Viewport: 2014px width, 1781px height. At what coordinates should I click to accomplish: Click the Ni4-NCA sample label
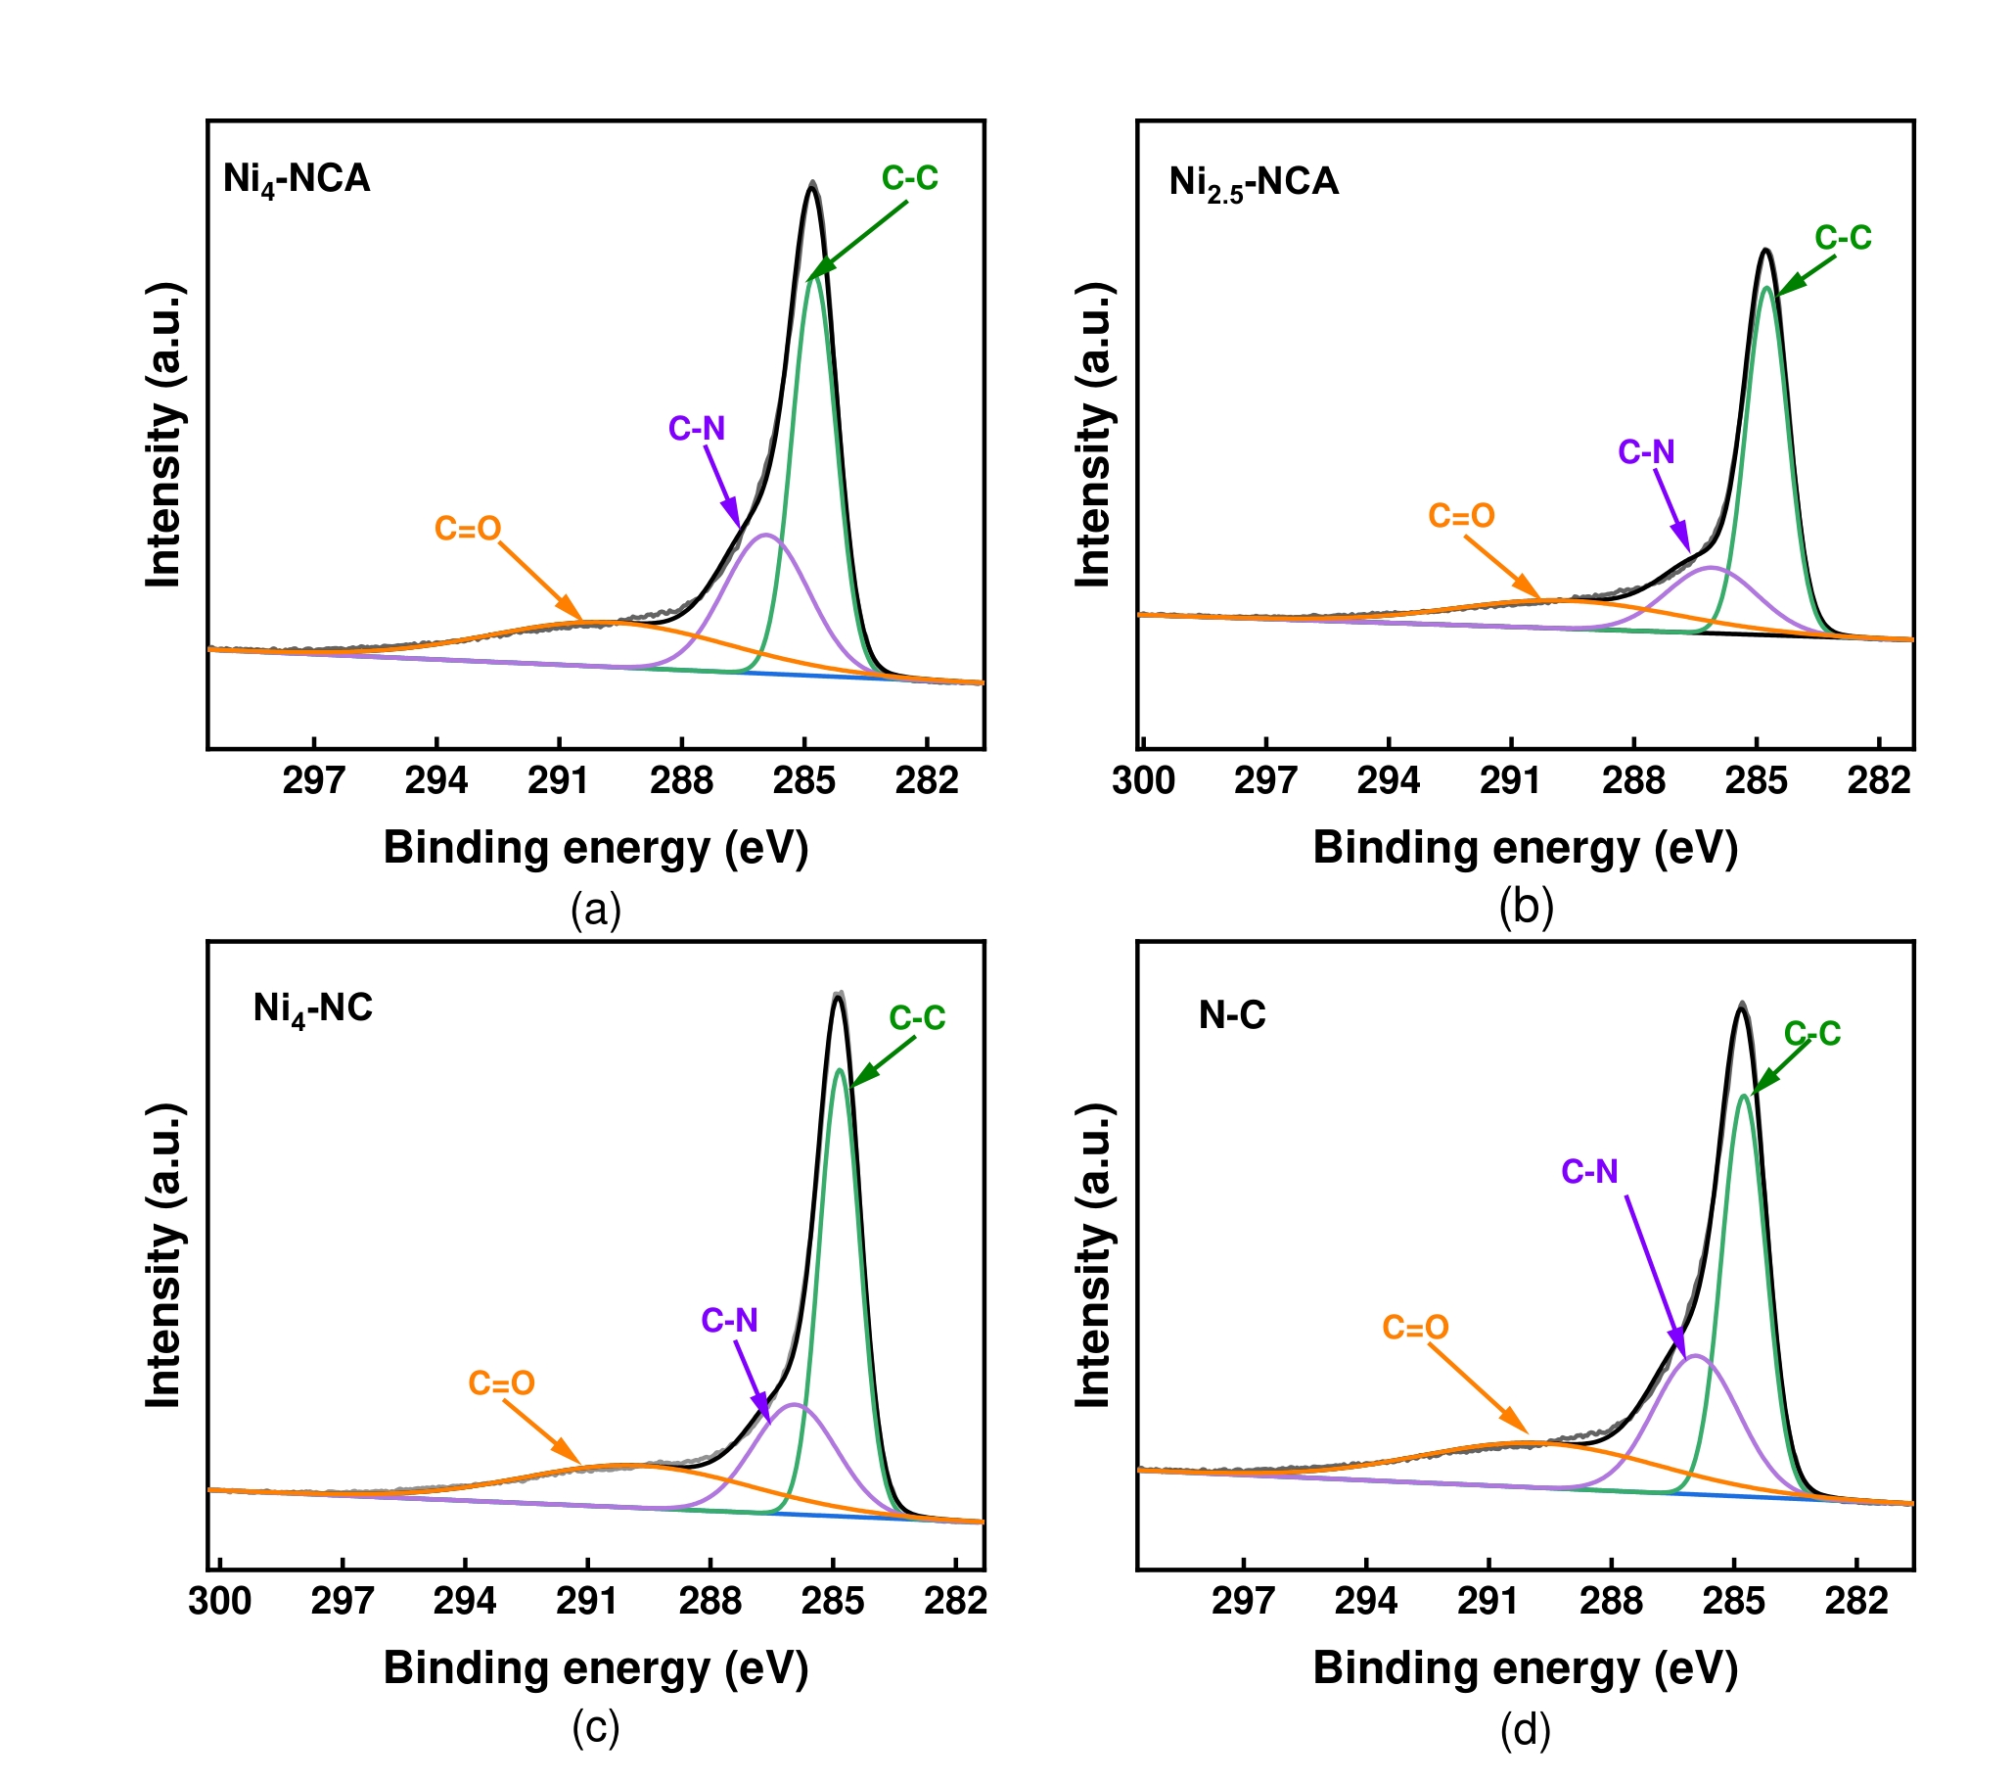tap(297, 179)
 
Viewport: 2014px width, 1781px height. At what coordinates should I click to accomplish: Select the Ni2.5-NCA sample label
tap(1254, 183)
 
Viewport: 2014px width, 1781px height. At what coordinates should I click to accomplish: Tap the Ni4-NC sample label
tap(313, 1008)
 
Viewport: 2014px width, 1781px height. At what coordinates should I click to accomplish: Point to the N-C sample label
tap(1232, 1015)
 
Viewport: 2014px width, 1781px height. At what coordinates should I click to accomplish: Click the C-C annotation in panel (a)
tap(909, 178)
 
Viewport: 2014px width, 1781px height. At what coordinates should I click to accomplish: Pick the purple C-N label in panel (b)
tap(1645, 452)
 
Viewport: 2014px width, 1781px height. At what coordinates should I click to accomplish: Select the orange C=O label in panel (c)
tap(500, 1383)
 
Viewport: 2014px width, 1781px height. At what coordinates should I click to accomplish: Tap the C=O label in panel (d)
tap(1415, 1327)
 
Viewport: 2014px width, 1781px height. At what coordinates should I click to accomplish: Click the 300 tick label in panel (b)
tap(1143, 780)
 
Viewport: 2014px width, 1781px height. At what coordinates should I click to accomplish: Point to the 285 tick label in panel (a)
tap(804, 780)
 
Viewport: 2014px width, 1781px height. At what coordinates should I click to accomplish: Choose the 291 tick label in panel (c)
tap(587, 1601)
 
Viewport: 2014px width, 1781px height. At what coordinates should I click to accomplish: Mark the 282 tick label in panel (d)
tap(1856, 1601)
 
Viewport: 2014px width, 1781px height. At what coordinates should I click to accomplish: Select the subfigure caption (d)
tap(1525, 1730)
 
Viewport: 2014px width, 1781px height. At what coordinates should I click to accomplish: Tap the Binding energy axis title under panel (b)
tap(1525, 848)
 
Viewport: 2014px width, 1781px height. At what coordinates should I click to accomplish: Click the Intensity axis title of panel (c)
tap(163, 1255)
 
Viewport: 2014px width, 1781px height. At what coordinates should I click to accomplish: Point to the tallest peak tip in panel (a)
tap(812, 184)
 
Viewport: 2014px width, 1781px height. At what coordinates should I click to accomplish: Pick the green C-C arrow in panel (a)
tap(857, 242)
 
